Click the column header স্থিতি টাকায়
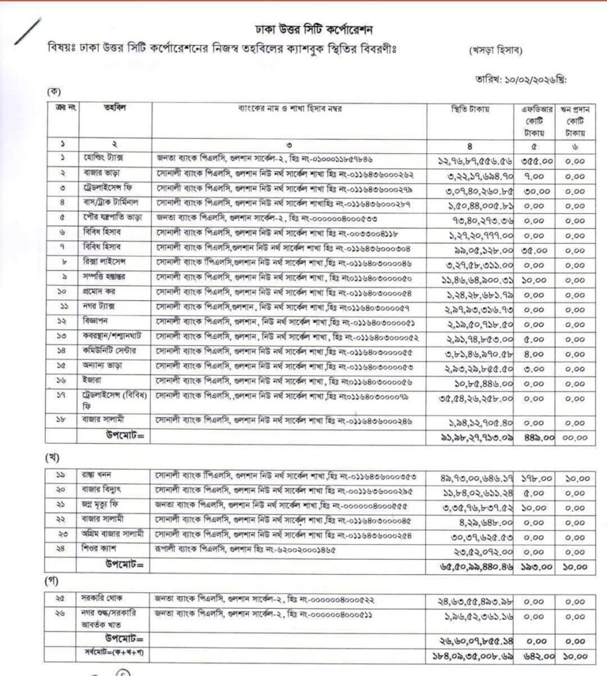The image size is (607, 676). [470, 107]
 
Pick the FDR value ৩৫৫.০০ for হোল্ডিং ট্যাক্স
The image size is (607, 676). [532, 160]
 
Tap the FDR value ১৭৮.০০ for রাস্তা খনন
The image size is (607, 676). [532, 477]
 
